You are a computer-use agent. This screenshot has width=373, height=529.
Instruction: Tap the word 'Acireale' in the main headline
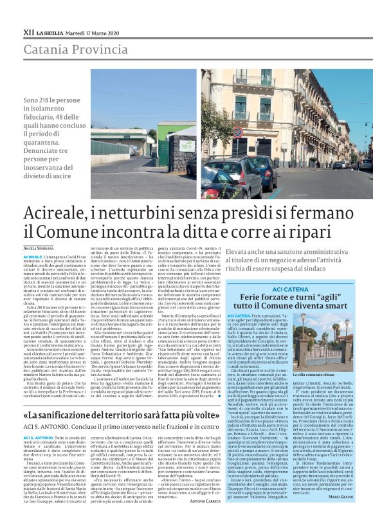point(56,213)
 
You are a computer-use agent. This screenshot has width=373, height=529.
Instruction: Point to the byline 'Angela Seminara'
point(39,247)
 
